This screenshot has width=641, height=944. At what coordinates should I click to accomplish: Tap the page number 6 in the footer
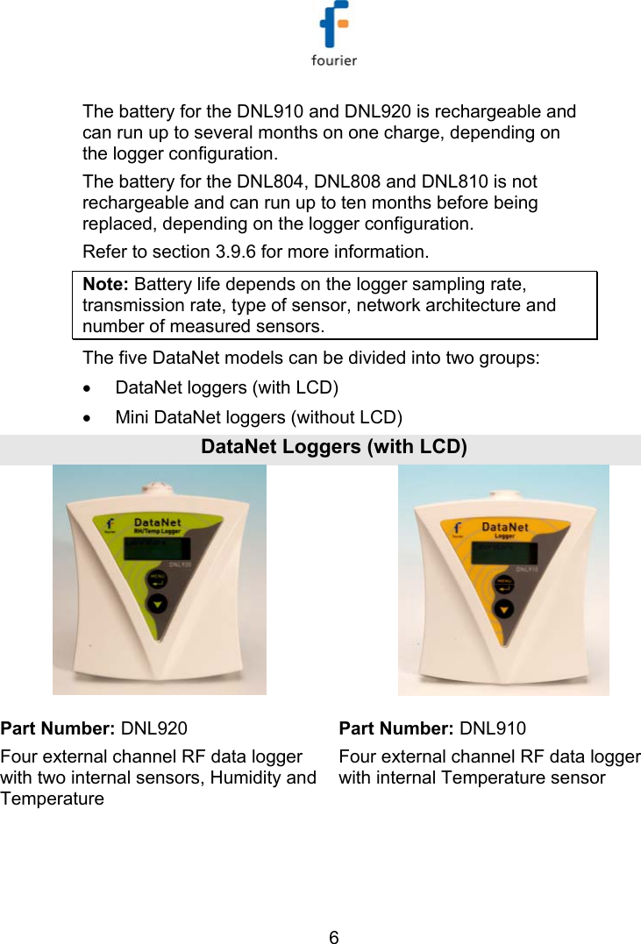point(333,936)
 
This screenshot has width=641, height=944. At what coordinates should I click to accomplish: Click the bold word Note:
point(106,283)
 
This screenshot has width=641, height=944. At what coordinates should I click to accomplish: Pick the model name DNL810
point(456,182)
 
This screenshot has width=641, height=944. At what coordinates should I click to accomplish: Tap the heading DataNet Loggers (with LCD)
point(333,447)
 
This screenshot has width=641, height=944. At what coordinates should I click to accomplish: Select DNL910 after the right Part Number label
point(493,728)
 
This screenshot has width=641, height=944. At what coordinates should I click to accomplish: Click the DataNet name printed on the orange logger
point(505,527)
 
